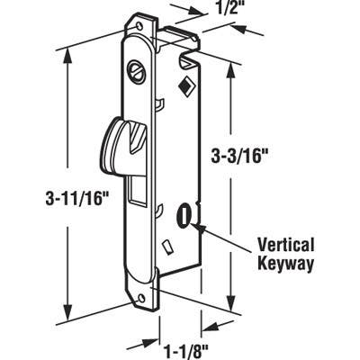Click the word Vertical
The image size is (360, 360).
pyautogui.click(x=286, y=243)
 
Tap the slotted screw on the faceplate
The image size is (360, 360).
pyautogui.click(x=137, y=69)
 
